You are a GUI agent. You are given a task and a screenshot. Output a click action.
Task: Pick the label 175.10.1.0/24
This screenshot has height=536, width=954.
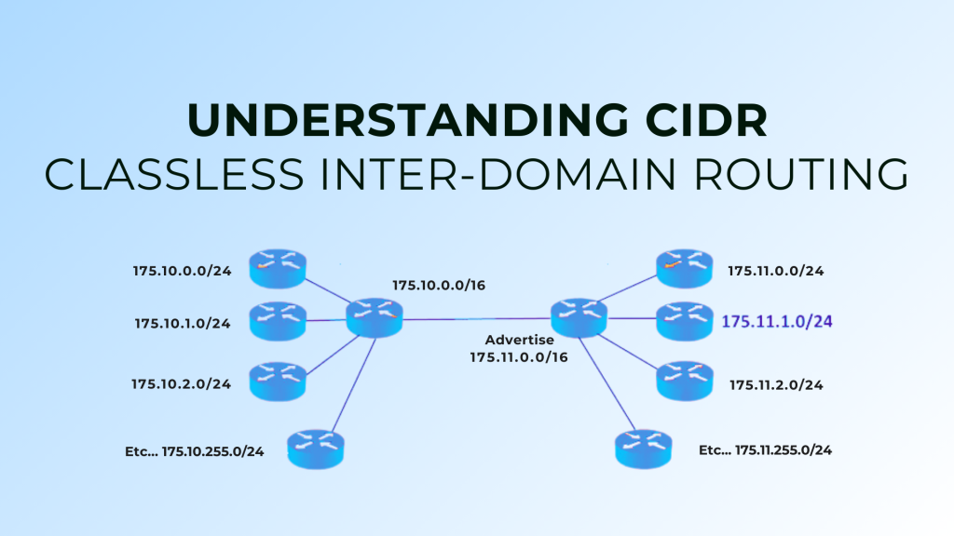coord(182,324)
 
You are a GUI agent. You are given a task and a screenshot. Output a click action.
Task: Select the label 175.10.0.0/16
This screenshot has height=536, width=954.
coord(439,286)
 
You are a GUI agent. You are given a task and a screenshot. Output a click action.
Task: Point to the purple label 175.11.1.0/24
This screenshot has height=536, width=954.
coord(776,322)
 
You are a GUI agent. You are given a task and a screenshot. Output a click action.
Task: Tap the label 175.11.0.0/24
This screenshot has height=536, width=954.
coord(775,272)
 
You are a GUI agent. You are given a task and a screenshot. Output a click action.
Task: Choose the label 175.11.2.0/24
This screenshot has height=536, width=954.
coord(776,384)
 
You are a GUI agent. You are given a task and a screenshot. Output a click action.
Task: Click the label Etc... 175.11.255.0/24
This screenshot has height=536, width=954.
coord(765,449)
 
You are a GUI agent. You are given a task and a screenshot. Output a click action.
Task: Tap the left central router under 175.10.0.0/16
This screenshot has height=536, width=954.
coord(375,317)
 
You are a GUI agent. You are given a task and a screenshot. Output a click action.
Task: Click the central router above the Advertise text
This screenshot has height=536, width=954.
coord(578,317)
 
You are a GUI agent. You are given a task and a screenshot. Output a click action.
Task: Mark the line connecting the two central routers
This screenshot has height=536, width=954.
coord(475,319)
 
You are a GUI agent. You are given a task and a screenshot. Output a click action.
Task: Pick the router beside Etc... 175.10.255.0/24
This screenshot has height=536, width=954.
coord(316,448)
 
